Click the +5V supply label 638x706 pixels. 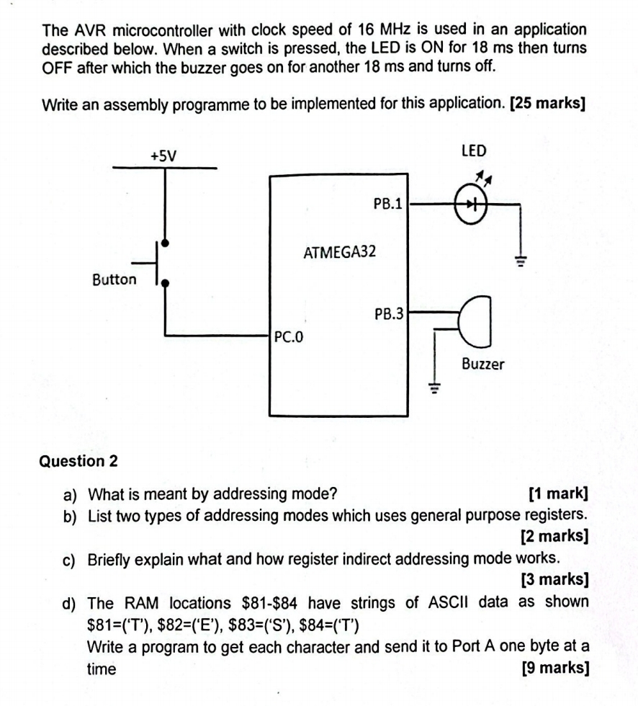click(x=164, y=156)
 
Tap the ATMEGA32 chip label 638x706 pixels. click(x=339, y=253)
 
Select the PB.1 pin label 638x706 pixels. click(x=387, y=204)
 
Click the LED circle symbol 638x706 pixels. click(x=472, y=204)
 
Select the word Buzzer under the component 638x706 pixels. click(x=482, y=364)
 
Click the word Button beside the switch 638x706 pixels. click(x=114, y=280)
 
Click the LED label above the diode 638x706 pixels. click(x=473, y=151)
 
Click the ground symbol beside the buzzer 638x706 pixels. click(x=433, y=390)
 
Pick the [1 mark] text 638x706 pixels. click(x=558, y=494)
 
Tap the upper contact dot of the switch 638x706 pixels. click(x=166, y=243)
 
